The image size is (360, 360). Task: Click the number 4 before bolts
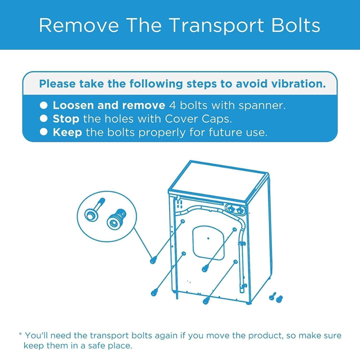point(172,105)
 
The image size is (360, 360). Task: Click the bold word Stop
point(66,119)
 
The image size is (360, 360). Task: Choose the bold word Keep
point(67,132)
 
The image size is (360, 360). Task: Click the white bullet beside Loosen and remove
point(44,105)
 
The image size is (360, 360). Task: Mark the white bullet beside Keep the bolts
point(44,132)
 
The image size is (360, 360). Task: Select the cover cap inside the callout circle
point(115,220)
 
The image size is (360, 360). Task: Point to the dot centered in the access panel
point(208,238)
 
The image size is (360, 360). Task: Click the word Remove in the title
point(79,25)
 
